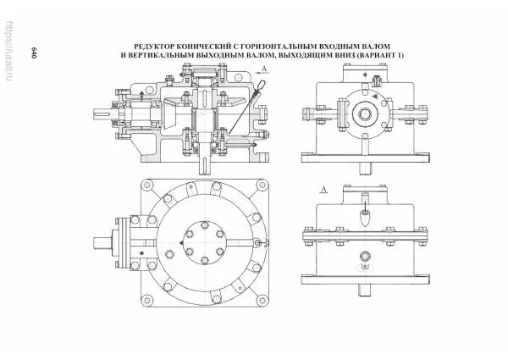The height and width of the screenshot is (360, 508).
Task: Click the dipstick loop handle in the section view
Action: (x=262, y=86)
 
